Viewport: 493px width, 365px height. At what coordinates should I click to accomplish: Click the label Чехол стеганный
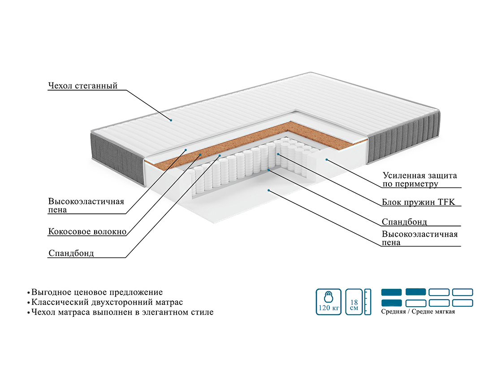[x=83, y=86]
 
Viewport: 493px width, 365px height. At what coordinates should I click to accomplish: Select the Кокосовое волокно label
[x=87, y=232]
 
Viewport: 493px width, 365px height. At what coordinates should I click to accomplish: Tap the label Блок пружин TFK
[x=419, y=202]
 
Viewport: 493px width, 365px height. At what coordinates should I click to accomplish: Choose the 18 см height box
[x=354, y=301]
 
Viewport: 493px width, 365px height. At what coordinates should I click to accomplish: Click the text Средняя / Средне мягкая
[x=418, y=312]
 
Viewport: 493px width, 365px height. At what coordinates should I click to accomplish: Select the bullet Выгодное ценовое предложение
[x=97, y=292]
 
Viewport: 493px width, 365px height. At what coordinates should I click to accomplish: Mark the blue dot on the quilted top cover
[x=171, y=120]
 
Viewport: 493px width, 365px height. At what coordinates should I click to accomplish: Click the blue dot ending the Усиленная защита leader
[x=326, y=159]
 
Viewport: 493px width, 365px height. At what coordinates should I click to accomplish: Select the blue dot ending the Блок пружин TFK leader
[x=278, y=154]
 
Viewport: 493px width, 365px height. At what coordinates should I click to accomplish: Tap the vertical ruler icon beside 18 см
[x=368, y=302]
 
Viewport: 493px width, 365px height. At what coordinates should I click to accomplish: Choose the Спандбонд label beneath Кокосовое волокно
[x=71, y=253]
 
